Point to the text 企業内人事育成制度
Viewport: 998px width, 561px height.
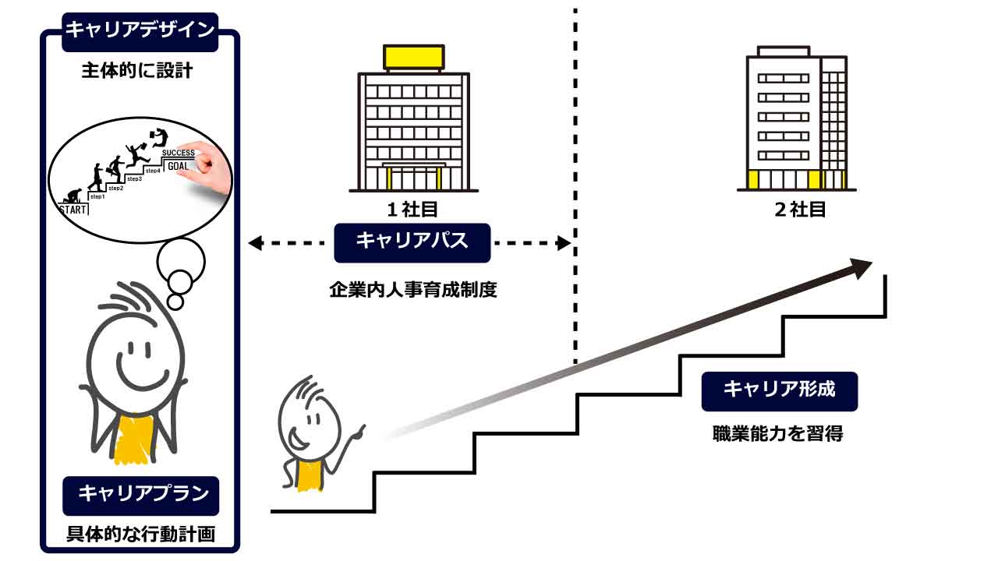tap(412, 290)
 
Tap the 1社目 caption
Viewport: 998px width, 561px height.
tap(412, 209)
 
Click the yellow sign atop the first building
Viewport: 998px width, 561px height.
tap(413, 57)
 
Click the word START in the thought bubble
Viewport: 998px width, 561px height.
tap(73, 209)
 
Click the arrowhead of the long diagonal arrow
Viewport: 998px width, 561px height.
tap(861, 268)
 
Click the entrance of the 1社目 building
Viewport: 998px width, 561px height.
tap(413, 178)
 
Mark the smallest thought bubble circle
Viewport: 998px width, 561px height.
tap(175, 301)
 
